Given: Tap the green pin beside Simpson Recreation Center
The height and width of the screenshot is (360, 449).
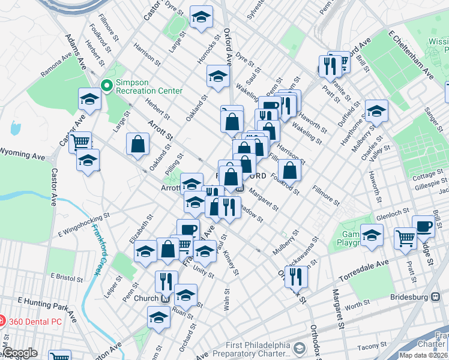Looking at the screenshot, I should click(107, 86).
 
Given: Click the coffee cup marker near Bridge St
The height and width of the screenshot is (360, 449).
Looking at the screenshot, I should click(424, 226).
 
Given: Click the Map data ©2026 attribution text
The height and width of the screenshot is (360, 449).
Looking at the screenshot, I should click(424, 355).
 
